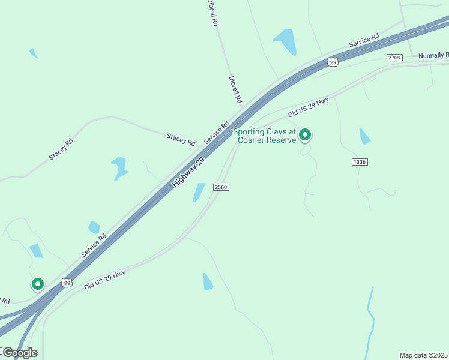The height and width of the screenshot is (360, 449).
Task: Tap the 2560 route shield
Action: coord(221,187)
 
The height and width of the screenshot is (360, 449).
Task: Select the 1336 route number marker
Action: coord(360,162)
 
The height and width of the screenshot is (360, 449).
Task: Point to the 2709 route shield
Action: coord(394,58)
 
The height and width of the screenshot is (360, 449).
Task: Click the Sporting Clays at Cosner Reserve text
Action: coord(265,136)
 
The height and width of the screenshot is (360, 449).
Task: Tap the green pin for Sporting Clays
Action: coord(305,135)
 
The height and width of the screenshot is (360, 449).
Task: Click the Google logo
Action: coord(19,353)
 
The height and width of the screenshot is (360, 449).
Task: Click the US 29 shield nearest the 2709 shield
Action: coord(333,62)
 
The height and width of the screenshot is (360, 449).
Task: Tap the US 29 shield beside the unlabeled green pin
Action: coord(67,283)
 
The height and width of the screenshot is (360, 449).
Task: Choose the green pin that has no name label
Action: coord(37,284)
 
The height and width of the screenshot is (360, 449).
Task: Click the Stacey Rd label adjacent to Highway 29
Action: coord(181,140)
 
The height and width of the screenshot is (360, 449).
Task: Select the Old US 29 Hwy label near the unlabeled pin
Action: coord(104,280)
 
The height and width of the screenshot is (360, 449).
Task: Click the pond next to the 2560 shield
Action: coord(199,192)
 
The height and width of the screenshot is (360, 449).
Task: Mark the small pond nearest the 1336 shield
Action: coord(364,137)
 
